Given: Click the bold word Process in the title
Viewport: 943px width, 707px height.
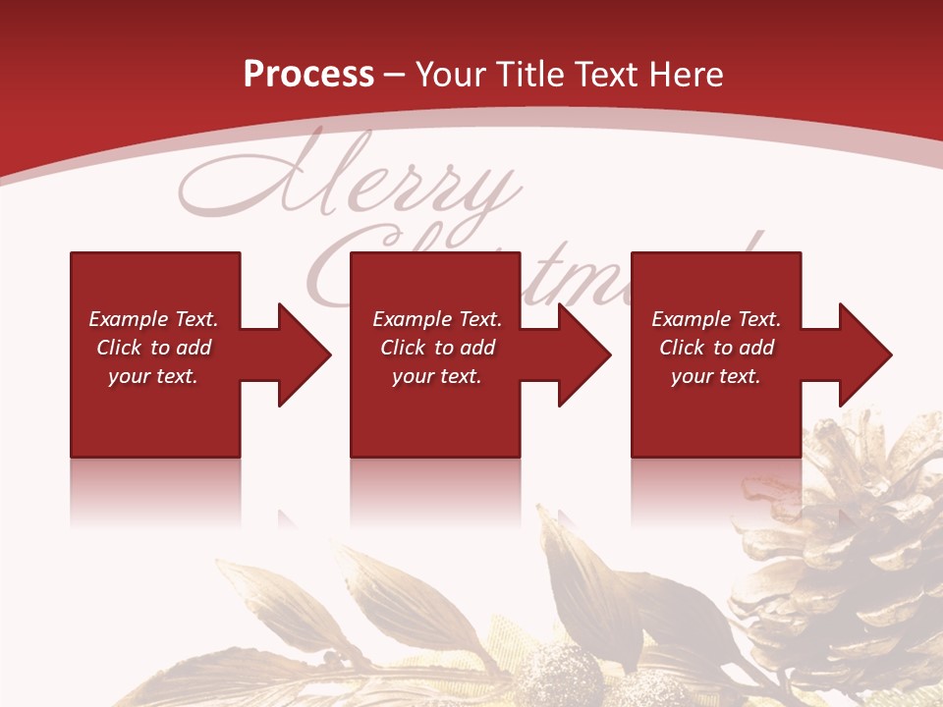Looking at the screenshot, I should click(308, 75).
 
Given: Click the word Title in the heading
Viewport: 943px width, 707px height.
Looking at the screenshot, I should click(531, 75).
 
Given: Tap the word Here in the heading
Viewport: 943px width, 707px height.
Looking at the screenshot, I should click(685, 75).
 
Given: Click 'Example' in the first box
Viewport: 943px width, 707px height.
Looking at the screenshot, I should click(128, 319).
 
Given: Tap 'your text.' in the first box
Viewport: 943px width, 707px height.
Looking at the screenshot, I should click(153, 376).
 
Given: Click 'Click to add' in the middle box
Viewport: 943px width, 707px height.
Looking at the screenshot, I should click(437, 348).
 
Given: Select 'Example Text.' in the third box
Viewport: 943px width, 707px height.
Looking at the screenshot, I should click(716, 319).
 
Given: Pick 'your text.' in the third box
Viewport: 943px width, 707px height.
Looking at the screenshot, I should click(716, 376).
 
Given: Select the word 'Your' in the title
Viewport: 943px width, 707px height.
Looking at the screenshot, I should click(451, 75).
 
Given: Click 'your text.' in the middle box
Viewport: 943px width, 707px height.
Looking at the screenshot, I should click(437, 376).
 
